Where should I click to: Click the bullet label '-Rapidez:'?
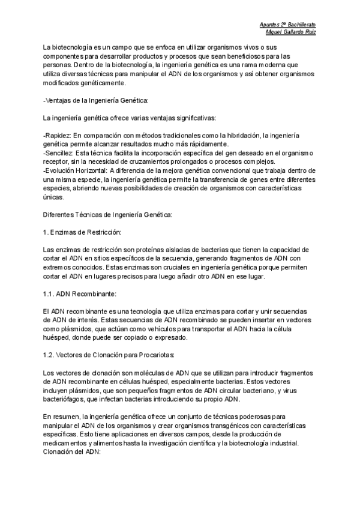(x=58, y=136)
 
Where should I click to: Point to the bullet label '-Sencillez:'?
(x=59, y=154)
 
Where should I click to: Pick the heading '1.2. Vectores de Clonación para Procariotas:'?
(x=105, y=355)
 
